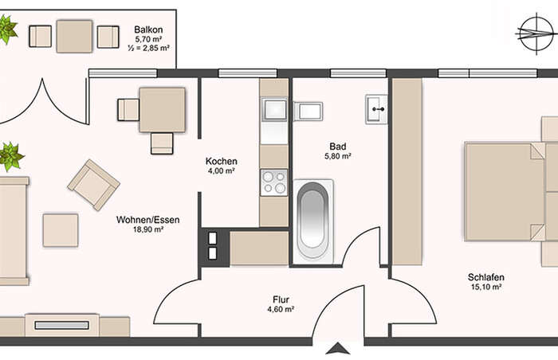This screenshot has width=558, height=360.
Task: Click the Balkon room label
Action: [x=148, y=29]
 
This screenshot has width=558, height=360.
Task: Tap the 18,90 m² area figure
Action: [x=148, y=229]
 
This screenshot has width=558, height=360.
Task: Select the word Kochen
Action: [x=222, y=161]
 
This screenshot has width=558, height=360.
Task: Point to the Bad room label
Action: [x=338, y=147]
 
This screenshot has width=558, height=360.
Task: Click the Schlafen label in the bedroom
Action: [x=486, y=277]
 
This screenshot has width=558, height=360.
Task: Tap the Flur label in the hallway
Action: [x=281, y=299]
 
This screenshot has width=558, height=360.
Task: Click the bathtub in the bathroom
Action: [x=313, y=221]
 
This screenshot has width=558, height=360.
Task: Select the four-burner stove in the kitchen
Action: [x=274, y=182]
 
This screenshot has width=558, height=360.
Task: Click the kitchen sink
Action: [x=274, y=109]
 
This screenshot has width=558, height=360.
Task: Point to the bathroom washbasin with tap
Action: [x=376, y=109]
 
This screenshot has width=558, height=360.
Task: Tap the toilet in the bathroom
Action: [x=308, y=112]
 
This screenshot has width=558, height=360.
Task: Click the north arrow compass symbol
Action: [x=536, y=33]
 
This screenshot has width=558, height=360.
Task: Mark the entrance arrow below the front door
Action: [x=338, y=349]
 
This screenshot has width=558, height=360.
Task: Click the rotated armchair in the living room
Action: [x=93, y=185]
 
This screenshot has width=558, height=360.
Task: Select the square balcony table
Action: [x=74, y=37]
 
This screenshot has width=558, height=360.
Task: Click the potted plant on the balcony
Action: [x=6, y=29]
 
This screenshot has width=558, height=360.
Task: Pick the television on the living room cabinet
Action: [x=62, y=325]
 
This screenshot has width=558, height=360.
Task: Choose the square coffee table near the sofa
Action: [x=61, y=230]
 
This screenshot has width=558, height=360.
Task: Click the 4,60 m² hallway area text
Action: [x=281, y=309]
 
